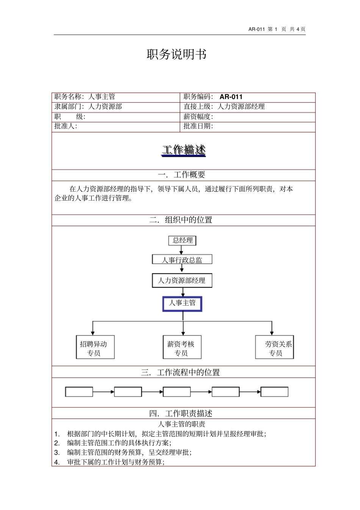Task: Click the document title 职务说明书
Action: [177, 55]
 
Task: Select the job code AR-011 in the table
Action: [231, 97]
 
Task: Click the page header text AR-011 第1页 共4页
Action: [277, 29]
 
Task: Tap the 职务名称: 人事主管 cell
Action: [85, 97]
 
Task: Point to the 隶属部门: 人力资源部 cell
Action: [88, 107]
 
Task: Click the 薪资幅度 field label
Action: [198, 117]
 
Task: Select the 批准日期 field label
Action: [198, 126]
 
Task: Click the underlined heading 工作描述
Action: [184, 150]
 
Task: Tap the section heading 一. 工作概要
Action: [182, 175]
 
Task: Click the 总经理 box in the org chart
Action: [182, 240]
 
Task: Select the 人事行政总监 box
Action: [182, 260]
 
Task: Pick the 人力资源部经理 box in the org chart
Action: [182, 281]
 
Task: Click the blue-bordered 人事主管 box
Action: [182, 304]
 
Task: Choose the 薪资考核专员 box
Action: [182, 347]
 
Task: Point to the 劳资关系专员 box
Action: [275, 347]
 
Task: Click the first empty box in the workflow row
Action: [79, 392]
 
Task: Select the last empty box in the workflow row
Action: [274, 392]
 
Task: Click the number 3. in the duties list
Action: [57, 452]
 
